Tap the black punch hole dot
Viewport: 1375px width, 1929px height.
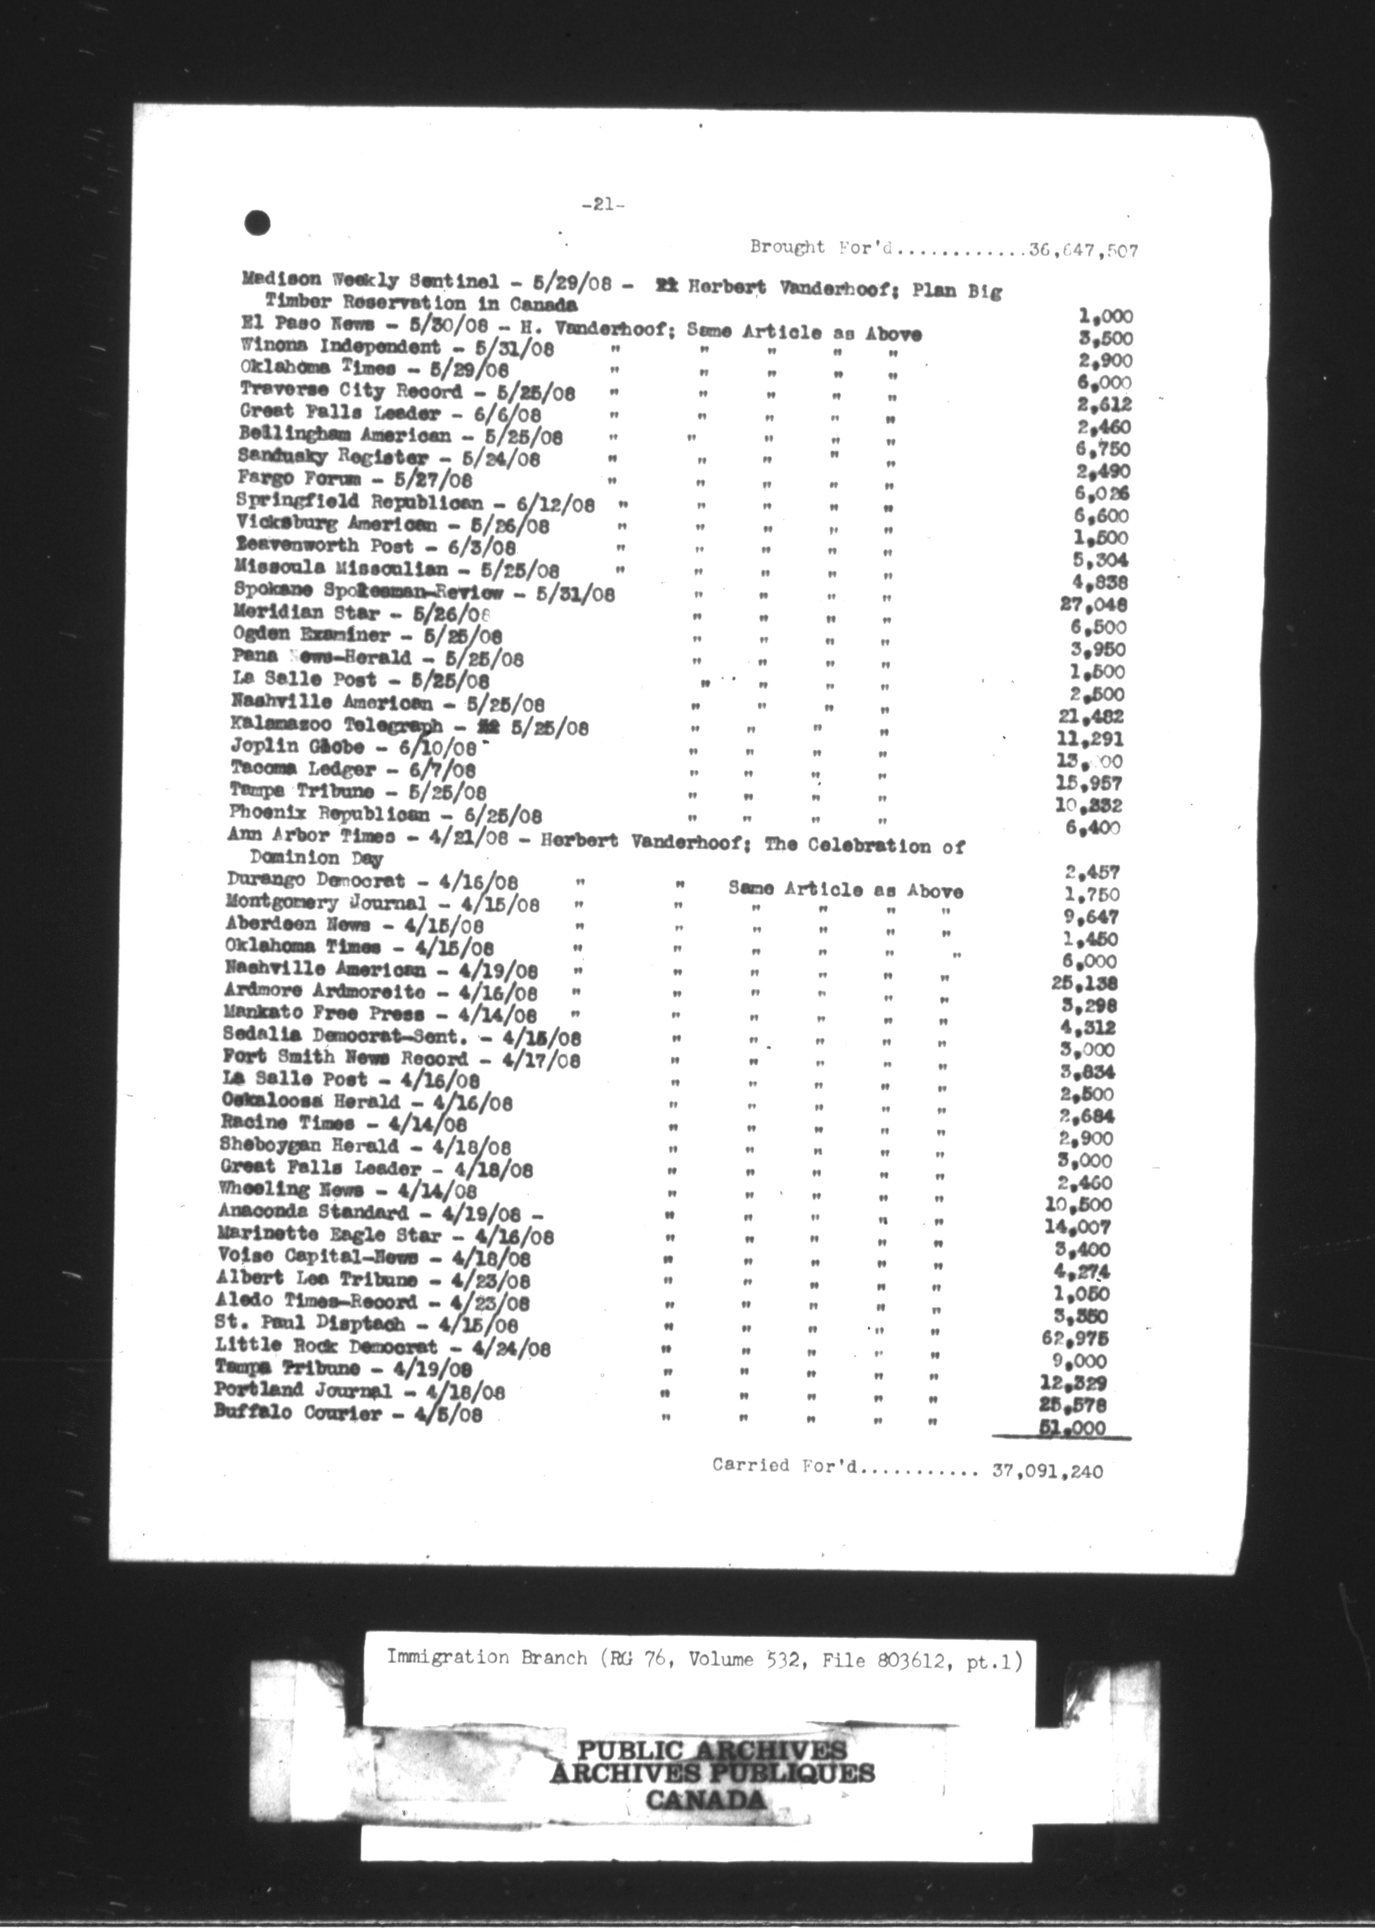click(x=256, y=223)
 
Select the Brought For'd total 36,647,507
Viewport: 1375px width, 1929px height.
click(x=1083, y=250)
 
